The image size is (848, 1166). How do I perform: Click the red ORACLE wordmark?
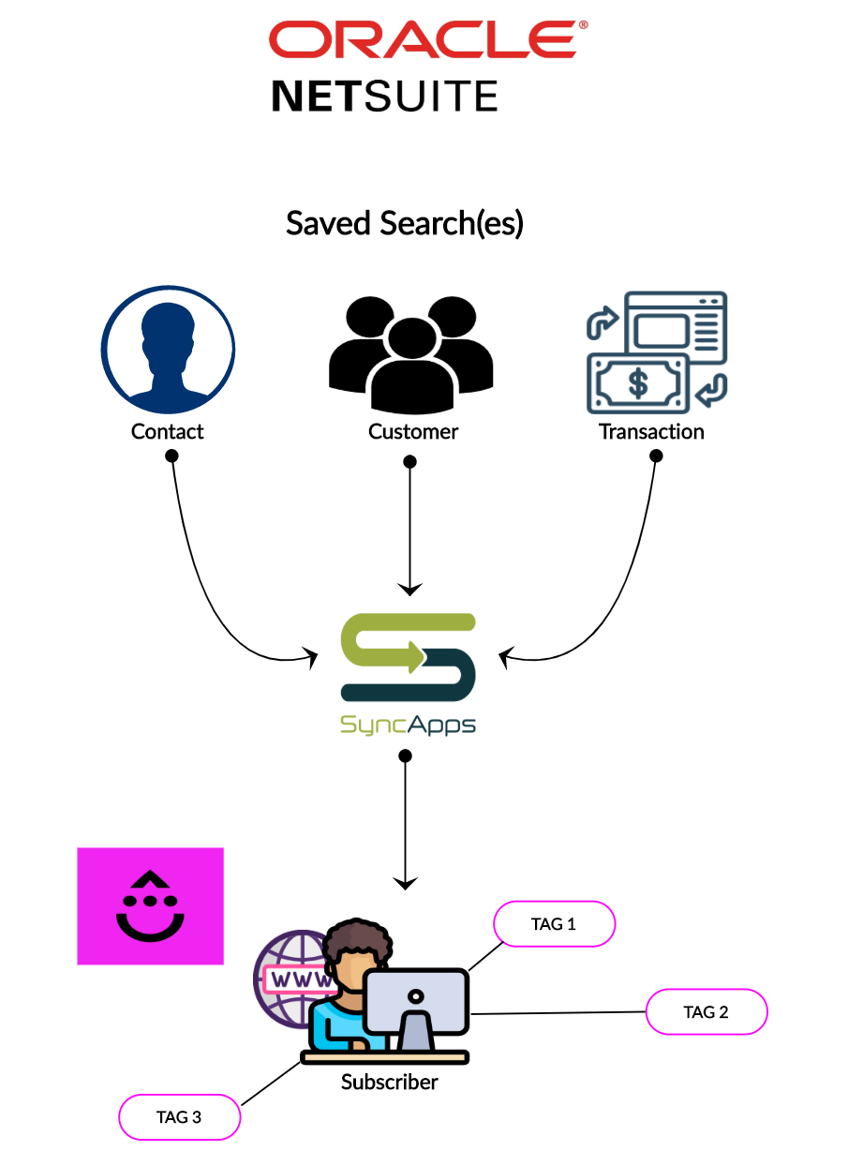(x=426, y=39)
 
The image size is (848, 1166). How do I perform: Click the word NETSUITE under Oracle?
(x=384, y=97)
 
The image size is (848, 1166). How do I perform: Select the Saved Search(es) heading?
(x=405, y=224)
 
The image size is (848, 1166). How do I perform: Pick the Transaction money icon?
(x=656, y=352)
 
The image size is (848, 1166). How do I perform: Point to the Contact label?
(x=167, y=432)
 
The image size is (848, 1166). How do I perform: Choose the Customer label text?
(x=413, y=432)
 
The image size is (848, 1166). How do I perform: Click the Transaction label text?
(x=651, y=432)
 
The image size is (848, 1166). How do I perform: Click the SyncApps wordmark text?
(x=408, y=725)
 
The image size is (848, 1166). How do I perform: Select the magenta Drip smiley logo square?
(x=150, y=906)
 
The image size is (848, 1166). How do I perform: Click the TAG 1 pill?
(x=554, y=925)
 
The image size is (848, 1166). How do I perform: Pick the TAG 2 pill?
(x=707, y=1012)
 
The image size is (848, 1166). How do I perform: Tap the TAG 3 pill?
(x=179, y=1117)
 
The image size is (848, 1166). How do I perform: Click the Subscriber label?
(x=390, y=1083)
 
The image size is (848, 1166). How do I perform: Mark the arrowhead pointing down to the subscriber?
(x=405, y=882)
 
